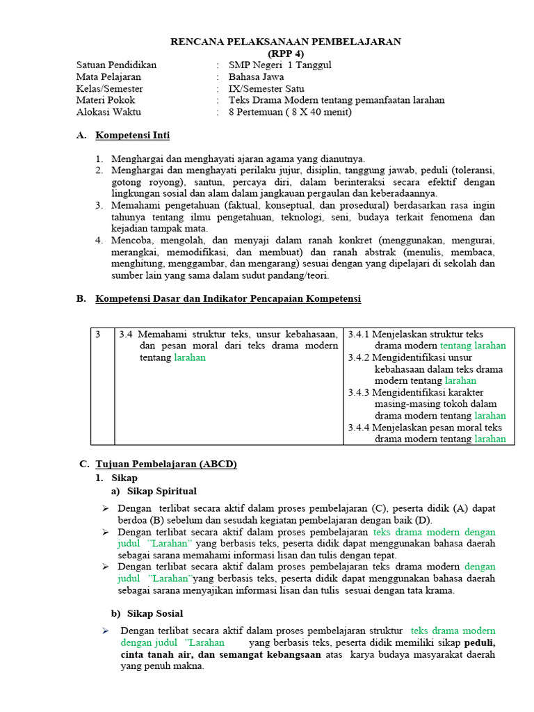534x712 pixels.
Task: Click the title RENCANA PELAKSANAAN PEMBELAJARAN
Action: click(285, 42)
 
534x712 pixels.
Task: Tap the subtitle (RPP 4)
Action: click(285, 54)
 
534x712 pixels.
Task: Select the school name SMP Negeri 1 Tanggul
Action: click(280, 65)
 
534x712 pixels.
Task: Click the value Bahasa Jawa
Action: click(256, 77)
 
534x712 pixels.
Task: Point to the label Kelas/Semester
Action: click(109, 89)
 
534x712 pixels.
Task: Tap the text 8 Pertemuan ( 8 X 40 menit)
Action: click(290, 112)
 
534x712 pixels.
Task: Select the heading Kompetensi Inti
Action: click(132, 136)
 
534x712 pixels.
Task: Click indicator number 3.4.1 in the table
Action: click(359, 334)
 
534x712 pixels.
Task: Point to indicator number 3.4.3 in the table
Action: click(359, 393)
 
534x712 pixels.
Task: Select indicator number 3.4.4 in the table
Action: click(359, 428)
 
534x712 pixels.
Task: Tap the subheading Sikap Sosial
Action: click(155, 613)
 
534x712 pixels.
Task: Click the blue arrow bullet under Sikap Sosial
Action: click(106, 631)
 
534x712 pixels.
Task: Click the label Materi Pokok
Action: click(106, 100)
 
